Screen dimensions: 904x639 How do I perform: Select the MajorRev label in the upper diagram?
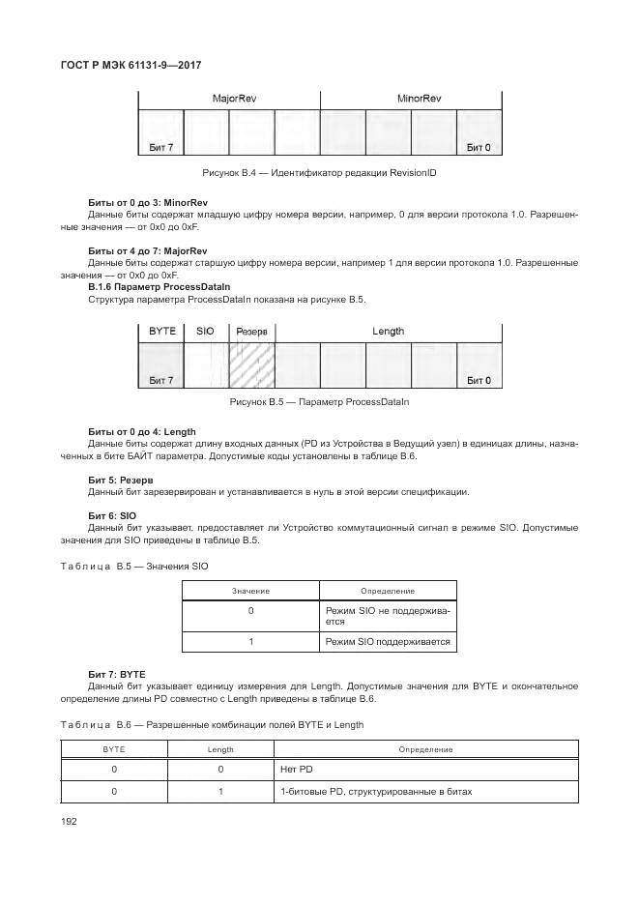[229, 99]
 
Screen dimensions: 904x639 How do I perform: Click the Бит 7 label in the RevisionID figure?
[161, 148]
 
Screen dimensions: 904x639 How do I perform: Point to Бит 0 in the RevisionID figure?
[479, 148]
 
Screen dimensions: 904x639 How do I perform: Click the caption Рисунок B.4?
[319, 172]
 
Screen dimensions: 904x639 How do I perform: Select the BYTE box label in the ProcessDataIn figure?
[161, 332]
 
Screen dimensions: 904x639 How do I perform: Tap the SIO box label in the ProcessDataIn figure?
[205, 332]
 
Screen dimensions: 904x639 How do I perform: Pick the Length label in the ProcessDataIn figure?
[388, 332]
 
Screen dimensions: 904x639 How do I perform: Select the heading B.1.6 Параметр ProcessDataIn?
[159, 287]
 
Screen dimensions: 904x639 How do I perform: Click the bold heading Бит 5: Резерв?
[122, 480]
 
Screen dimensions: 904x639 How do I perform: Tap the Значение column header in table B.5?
[250, 591]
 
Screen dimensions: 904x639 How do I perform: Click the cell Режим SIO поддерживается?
[387, 642]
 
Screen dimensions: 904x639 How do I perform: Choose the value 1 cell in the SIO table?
[250, 642]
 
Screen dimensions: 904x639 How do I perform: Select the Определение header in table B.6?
[425, 749]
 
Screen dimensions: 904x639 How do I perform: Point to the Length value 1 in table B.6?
[220, 792]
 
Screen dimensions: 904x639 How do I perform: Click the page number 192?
[70, 821]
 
